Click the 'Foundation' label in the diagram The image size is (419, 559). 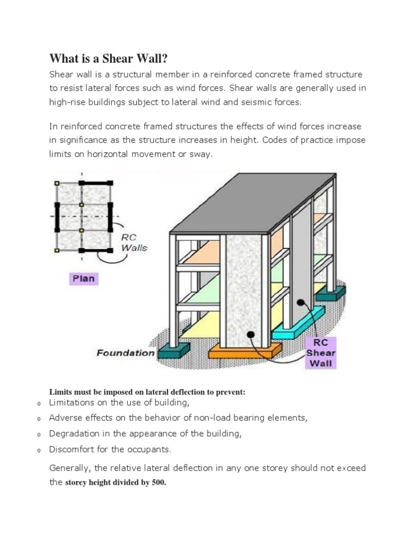click(125, 353)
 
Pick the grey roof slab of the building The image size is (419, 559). click(251, 202)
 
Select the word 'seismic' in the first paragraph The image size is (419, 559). click(253, 102)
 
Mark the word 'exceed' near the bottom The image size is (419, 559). click(351, 468)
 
